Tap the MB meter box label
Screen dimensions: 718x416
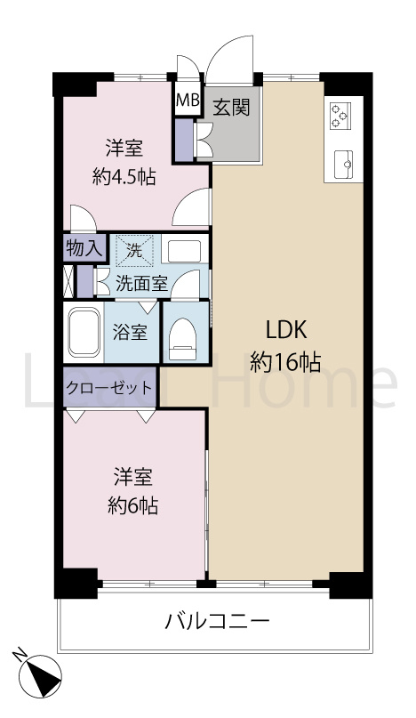[x=188, y=101]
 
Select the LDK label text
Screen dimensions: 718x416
[x=285, y=330]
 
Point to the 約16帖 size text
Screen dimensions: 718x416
[x=285, y=361]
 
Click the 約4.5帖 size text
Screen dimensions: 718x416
[x=124, y=175]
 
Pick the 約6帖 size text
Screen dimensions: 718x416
[x=133, y=505]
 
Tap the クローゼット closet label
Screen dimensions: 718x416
[x=108, y=388]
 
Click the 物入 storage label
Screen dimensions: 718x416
[x=84, y=248]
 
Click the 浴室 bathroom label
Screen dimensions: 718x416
[x=130, y=333]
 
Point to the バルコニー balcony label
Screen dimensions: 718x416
[x=217, y=620]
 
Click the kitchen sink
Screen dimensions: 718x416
[x=342, y=163]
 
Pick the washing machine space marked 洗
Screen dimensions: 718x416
[x=134, y=250]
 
